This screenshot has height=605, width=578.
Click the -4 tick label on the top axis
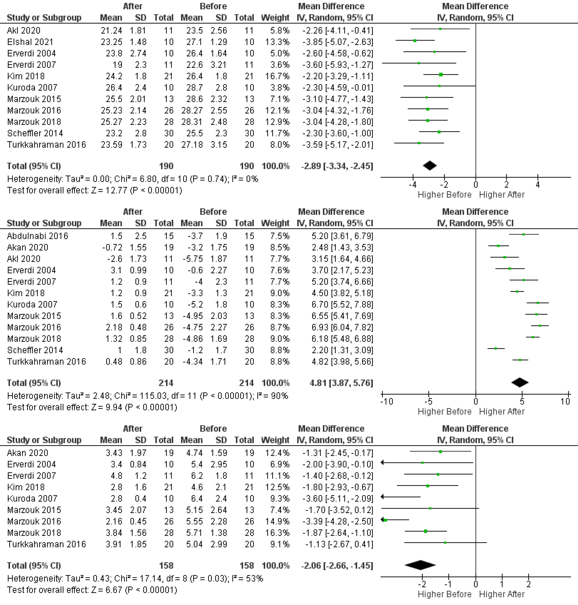413,185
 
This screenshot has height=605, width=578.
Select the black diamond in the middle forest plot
520,383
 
